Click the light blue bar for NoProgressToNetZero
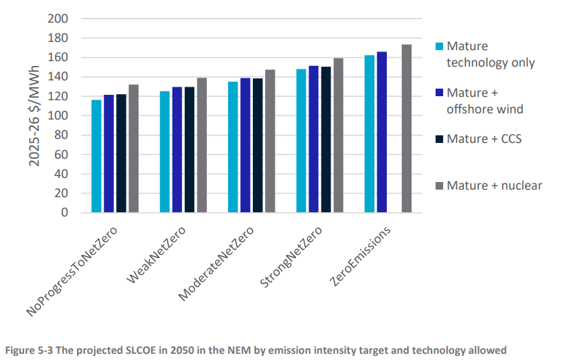click(x=96, y=157)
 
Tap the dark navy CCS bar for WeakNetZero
click(x=190, y=150)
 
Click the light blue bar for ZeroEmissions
click(x=370, y=134)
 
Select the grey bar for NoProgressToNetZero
click(x=133, y=148)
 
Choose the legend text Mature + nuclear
click(x=495, y=185)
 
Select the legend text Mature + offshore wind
click(x=485, y=100)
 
